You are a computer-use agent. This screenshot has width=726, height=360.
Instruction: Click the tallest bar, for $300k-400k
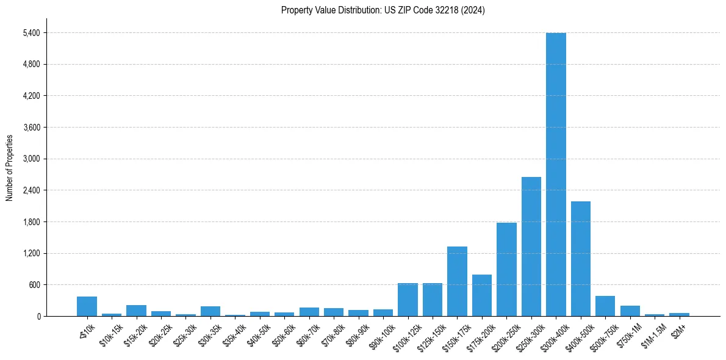556,175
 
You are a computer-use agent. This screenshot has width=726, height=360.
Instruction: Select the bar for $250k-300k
531,247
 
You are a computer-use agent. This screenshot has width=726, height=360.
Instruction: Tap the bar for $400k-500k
580,259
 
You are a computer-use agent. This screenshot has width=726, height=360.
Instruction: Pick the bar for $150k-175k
457,281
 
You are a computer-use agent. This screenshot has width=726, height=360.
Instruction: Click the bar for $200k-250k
506,270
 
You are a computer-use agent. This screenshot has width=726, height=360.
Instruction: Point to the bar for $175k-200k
482,295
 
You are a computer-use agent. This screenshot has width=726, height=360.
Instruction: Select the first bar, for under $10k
87,306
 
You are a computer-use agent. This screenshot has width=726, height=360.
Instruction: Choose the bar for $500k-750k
605,306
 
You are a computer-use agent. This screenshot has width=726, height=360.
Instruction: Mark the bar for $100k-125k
408,300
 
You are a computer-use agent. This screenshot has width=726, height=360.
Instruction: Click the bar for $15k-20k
136,311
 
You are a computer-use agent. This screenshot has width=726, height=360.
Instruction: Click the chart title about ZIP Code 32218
383,10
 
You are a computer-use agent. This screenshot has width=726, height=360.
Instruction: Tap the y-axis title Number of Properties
10,168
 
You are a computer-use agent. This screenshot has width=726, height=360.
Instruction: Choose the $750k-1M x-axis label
627,335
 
